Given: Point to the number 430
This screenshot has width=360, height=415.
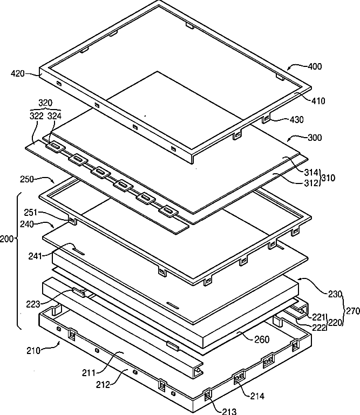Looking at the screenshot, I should click(x=295, y=120).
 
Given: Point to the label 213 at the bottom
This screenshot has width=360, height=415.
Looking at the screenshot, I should click(x=229, y=412).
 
